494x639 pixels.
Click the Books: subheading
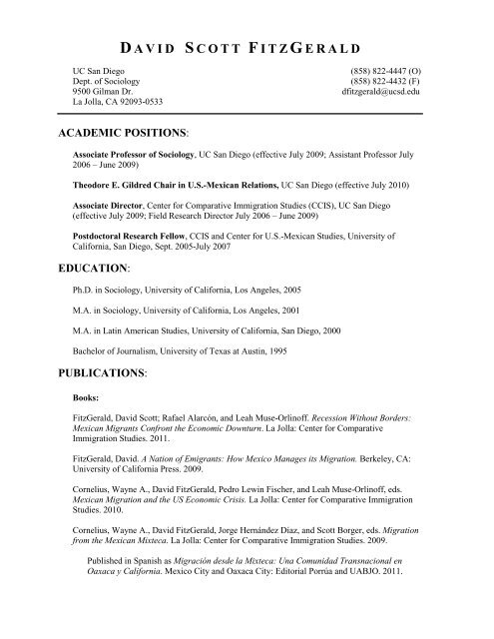pyautogui.click(x=88, y=422)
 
